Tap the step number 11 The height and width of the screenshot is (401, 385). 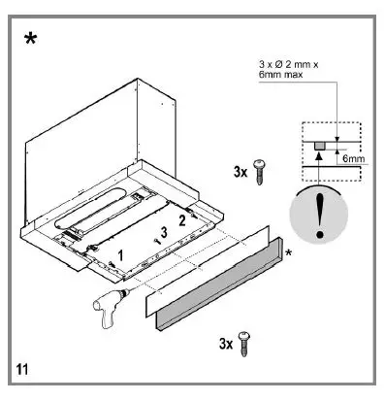click(x=23, y=369)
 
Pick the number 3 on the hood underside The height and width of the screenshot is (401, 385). click(x=164, y=232)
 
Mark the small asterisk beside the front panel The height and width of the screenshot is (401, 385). click(x=288, y=253)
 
